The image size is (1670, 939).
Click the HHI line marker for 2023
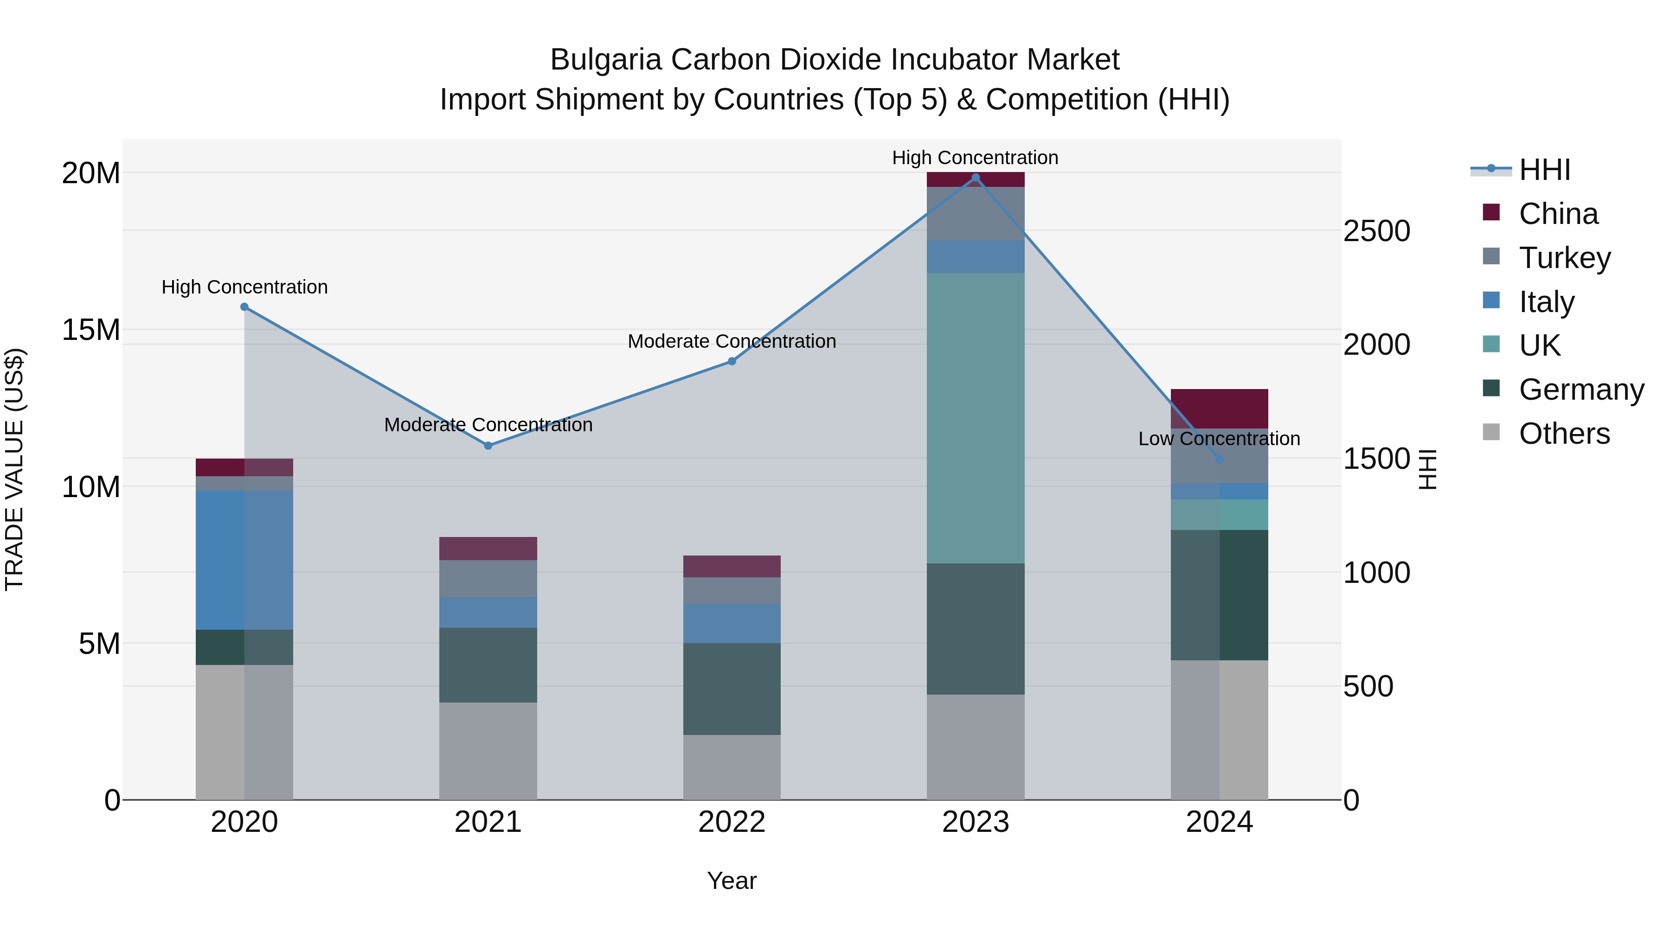pos(975,178)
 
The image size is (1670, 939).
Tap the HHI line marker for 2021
pos(488,446)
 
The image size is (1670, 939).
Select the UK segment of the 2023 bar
pos(975,418)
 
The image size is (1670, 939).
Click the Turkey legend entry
pos(1564,258)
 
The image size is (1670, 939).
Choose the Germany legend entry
pos(1580,390)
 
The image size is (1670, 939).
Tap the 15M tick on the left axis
pos(91,330)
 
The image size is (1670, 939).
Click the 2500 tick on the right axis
pos(1376,231)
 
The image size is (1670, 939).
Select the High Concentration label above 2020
pos(244,287)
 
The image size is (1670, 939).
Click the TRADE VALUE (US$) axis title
pos(14,469)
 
